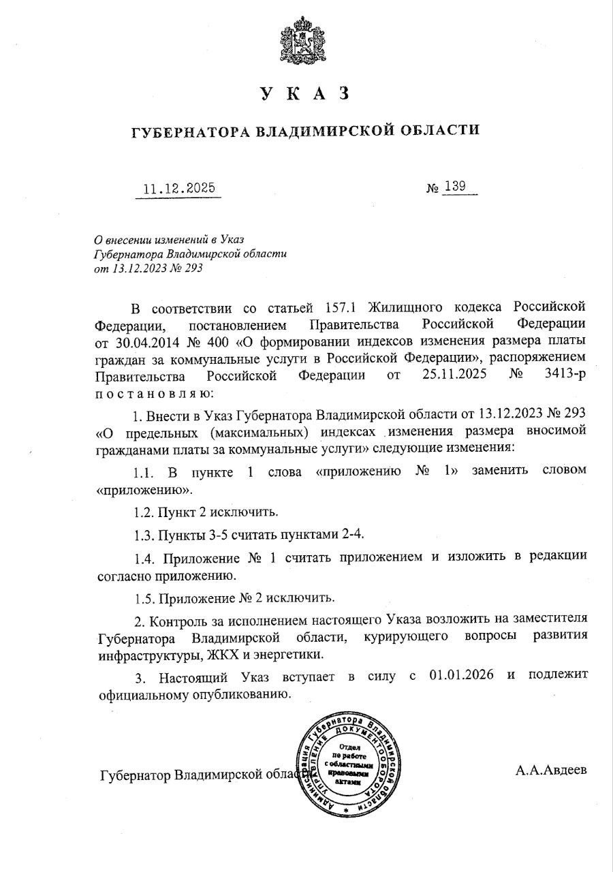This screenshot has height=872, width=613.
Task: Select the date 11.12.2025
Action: click(x=178, y=188)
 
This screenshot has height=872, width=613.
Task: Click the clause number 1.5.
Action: click(x=145, y=598)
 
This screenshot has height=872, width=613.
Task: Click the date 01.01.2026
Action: click(x=462, y=676)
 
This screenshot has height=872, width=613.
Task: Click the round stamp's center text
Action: click(x=349, y=764)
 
